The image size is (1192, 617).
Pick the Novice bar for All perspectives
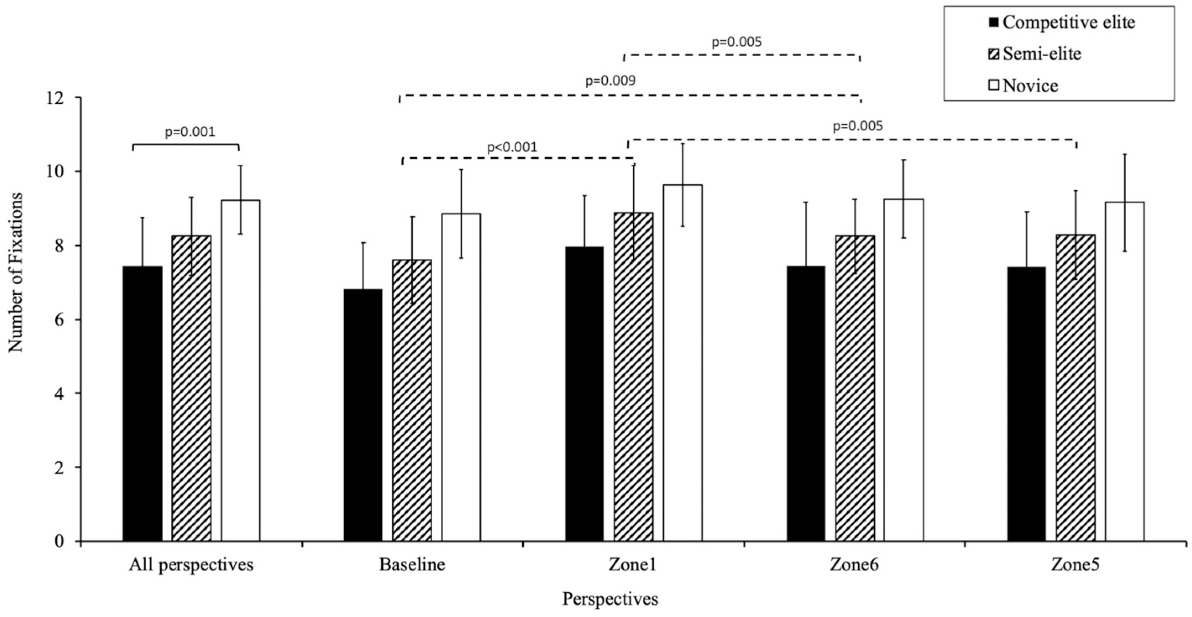240,370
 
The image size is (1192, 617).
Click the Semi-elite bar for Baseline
412,400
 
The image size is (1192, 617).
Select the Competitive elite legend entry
1062,22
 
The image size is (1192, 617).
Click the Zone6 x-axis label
854,565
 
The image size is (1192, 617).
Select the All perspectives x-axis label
191,565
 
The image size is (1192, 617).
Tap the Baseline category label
412,565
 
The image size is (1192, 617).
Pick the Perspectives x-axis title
610,599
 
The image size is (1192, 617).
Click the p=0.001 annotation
190,132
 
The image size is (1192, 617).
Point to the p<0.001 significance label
512,148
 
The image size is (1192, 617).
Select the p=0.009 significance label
610,81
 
